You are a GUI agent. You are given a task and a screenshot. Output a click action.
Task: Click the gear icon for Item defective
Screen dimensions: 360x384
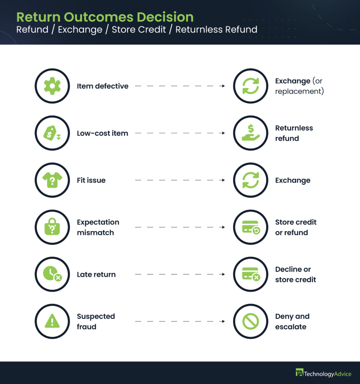tap(52, 86)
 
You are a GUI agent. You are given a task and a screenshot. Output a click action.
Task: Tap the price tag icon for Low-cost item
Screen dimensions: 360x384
tap(52, 133)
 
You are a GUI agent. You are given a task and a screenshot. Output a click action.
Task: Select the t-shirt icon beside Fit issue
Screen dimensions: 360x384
tap(52, 180)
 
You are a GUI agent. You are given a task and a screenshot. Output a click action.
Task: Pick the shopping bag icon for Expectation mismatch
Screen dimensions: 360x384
tap(52, 227)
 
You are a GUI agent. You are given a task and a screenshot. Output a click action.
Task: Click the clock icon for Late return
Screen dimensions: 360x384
tap(52, 274)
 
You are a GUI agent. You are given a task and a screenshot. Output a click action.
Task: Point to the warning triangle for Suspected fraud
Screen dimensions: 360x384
tap(52, 321)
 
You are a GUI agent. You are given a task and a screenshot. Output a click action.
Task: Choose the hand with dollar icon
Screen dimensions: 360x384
tap(250, 133)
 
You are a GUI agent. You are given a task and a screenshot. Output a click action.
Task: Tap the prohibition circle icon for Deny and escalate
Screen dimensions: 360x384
tap(250, 321)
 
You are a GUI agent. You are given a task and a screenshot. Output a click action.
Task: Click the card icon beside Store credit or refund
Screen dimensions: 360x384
tap(250, 227)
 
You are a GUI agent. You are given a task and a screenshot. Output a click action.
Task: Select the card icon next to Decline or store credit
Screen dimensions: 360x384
tap(250, 274)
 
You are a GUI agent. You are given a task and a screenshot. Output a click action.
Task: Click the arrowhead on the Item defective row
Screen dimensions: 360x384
tap(223, 86)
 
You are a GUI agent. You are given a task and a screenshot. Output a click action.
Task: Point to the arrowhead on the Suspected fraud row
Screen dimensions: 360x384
tap(223, 321)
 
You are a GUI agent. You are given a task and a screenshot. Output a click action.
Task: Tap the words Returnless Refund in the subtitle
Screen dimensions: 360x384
tap(216, 30)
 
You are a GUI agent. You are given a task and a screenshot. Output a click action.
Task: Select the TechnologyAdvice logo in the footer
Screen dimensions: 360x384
tap(323, 373)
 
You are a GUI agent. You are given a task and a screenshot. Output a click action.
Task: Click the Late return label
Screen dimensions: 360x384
tap(96, 274)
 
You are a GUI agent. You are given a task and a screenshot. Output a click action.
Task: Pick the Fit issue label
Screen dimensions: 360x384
tap(91, 180)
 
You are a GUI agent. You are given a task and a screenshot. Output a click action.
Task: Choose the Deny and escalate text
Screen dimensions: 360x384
tap(292, 321)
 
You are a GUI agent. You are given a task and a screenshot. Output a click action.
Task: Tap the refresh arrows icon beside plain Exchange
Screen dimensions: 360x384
tap(250, 180)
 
